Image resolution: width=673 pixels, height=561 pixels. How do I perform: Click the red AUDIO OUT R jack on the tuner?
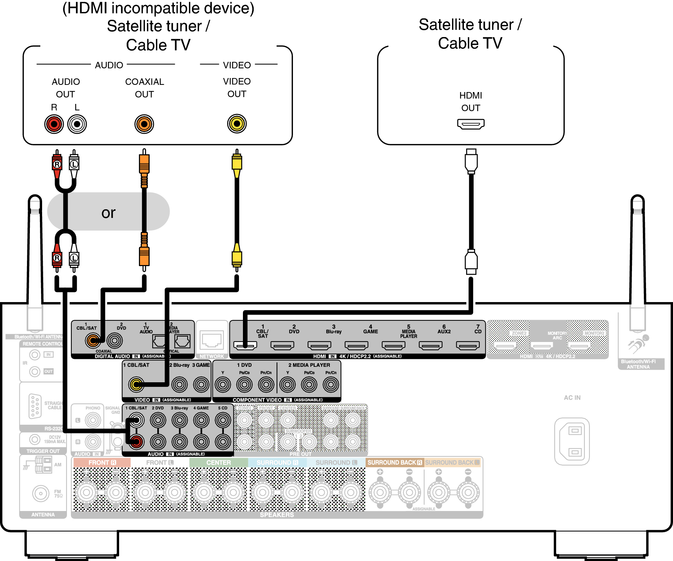pyautogui.click(x=54, y=124)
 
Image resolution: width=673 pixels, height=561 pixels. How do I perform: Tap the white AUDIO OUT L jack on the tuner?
pyautogui.click(x=77, y=124)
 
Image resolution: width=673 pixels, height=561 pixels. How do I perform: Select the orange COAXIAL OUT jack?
pyautogui.click(x=144, y=124)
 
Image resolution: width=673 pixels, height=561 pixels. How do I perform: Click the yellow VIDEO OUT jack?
pyautogui.click(x=237, y=124)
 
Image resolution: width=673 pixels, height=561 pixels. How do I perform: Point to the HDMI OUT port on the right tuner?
pyautogui.click(x=471, y=124)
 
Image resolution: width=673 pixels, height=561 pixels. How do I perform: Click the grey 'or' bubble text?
pyautogui.click(x=108, y=213)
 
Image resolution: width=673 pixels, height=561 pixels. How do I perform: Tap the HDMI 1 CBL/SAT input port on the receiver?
pyautogui.click(x=245, y=346)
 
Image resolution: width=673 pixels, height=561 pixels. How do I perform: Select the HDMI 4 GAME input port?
pyautogui.click(x=356, y=346)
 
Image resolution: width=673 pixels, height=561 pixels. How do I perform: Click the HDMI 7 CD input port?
pyautogui.click(x=468, y=346)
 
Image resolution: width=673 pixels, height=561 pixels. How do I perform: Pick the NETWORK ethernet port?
pyautogui.click(x=212, y=340)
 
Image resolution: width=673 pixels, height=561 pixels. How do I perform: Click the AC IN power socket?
pyautogui.click(x=572, y=441)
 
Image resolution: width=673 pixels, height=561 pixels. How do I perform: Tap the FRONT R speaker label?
pyautogui.click(x=102, y=462)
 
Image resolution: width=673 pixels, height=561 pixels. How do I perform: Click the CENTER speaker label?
pyautogui.click(x=218, y=462)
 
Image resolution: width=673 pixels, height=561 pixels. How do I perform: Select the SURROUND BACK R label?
pyautogui.click(x=394, y=462)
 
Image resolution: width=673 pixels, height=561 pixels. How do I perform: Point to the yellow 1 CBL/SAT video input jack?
pyautogui.click(x=136, y=384)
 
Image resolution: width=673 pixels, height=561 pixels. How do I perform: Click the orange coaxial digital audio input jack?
pyautogui.click(x=93, y=340)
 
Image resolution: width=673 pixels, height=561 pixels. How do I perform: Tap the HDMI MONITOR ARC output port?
pyautogui.click(x=542, y=346)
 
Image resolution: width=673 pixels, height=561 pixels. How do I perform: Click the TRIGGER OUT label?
pyautogui.click(x=43, y=451)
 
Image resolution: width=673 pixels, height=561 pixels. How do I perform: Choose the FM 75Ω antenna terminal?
pyautogui.click(x=41, y=493)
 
